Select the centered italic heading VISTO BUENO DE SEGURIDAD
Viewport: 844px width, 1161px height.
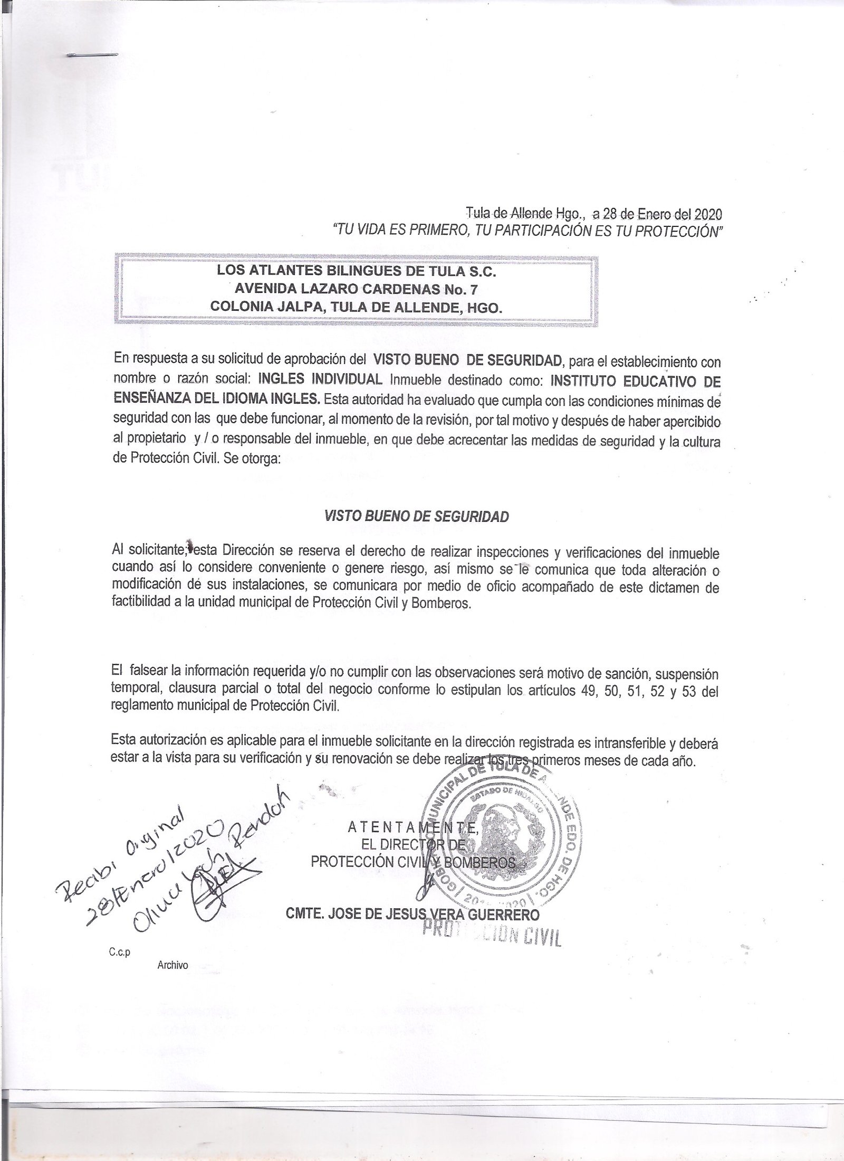click(416, 517)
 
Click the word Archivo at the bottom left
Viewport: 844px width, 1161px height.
click(172, 965)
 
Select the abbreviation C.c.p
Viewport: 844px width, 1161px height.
click(119, 953)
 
